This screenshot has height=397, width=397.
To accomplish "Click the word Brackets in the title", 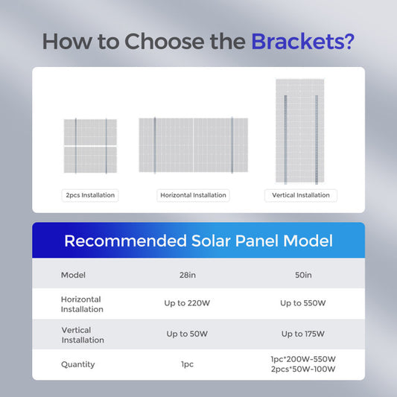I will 302,41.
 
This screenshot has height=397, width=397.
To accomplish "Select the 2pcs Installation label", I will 89,195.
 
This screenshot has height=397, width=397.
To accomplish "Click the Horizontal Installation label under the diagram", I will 193,195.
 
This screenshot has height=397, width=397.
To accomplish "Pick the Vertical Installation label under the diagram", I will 300,195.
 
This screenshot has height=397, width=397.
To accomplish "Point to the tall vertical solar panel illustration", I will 300,132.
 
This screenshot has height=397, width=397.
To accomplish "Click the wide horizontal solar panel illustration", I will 193,144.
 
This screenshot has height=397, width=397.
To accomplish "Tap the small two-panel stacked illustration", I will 89,146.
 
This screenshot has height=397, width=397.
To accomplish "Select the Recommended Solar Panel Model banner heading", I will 198,241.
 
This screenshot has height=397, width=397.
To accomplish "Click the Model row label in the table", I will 73,275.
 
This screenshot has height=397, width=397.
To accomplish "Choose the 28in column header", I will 188,275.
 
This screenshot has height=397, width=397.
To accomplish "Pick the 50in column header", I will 302,275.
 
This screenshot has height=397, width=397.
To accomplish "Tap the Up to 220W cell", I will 188,303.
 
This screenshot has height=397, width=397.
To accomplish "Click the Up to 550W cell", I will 302,303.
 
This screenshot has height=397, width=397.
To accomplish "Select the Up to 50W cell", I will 188,334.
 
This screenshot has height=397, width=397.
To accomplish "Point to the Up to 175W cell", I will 302,334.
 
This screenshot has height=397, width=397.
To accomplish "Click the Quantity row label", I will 77,364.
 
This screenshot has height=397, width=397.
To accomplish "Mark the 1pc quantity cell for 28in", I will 188,364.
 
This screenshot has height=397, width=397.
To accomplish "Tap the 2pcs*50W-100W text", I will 302,369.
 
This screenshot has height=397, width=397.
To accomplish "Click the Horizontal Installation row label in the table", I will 82,303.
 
